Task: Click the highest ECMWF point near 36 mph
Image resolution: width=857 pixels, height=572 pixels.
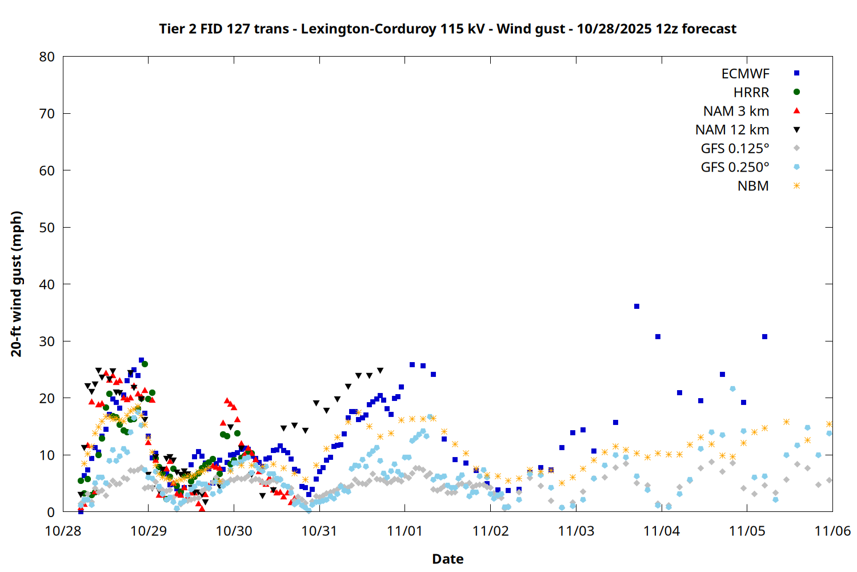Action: (636, 307)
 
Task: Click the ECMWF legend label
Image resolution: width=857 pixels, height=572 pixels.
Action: (745, 74)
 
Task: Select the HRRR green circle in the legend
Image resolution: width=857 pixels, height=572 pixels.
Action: (796, 92)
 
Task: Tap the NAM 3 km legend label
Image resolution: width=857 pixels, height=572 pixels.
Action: (736, 111)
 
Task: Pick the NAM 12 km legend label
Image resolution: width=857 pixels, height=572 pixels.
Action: (732, 130)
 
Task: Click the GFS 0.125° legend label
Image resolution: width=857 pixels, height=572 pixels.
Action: (735, 149)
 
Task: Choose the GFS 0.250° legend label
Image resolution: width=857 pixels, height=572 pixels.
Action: (735, 167)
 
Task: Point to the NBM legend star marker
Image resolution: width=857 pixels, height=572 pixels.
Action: (796, 186)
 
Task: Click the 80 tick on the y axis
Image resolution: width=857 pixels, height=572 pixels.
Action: (47, 57)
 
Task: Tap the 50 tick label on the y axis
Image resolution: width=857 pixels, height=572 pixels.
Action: (47, 227)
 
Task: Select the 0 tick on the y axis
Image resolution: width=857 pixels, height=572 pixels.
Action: (51, 512)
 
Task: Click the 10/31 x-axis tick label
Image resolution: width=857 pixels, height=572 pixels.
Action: (319, 531)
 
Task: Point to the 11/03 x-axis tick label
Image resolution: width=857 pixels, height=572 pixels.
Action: (576, 531)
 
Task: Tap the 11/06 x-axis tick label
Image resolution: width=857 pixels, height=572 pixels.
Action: (832, 531)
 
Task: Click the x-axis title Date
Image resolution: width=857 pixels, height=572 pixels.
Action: (447, 559)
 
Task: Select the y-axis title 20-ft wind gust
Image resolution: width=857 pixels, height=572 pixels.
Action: (17, 284)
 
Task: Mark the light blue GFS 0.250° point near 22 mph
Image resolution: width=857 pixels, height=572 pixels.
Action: (732, 389)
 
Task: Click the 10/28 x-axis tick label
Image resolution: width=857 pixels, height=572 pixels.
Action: (63, 531)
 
